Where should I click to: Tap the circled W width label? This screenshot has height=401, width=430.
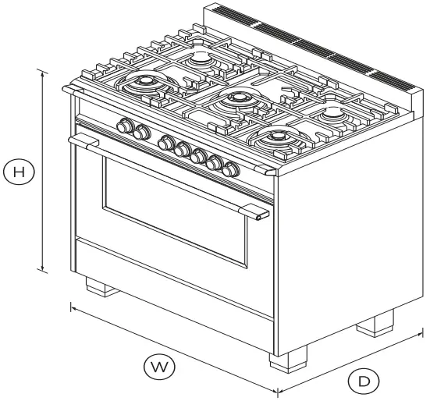coord(159,364)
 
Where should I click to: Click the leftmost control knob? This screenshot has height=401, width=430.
coord(124,127)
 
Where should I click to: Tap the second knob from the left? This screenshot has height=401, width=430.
coord(140,133)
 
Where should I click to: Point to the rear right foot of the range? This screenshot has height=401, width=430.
coord(375,324)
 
